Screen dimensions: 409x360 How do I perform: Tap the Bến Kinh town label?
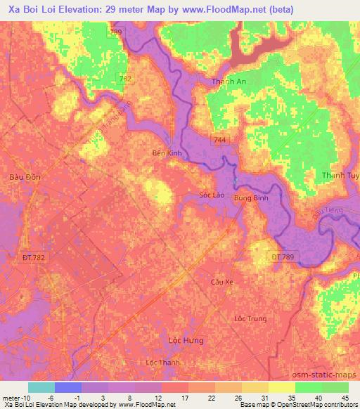pos(167,152)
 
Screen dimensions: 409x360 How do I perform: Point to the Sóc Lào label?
pos(212,195)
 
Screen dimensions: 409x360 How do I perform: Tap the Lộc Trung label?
pos(250,318)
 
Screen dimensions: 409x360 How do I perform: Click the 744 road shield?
pos(220,141)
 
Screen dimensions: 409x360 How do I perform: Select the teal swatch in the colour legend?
pos(41,387)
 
